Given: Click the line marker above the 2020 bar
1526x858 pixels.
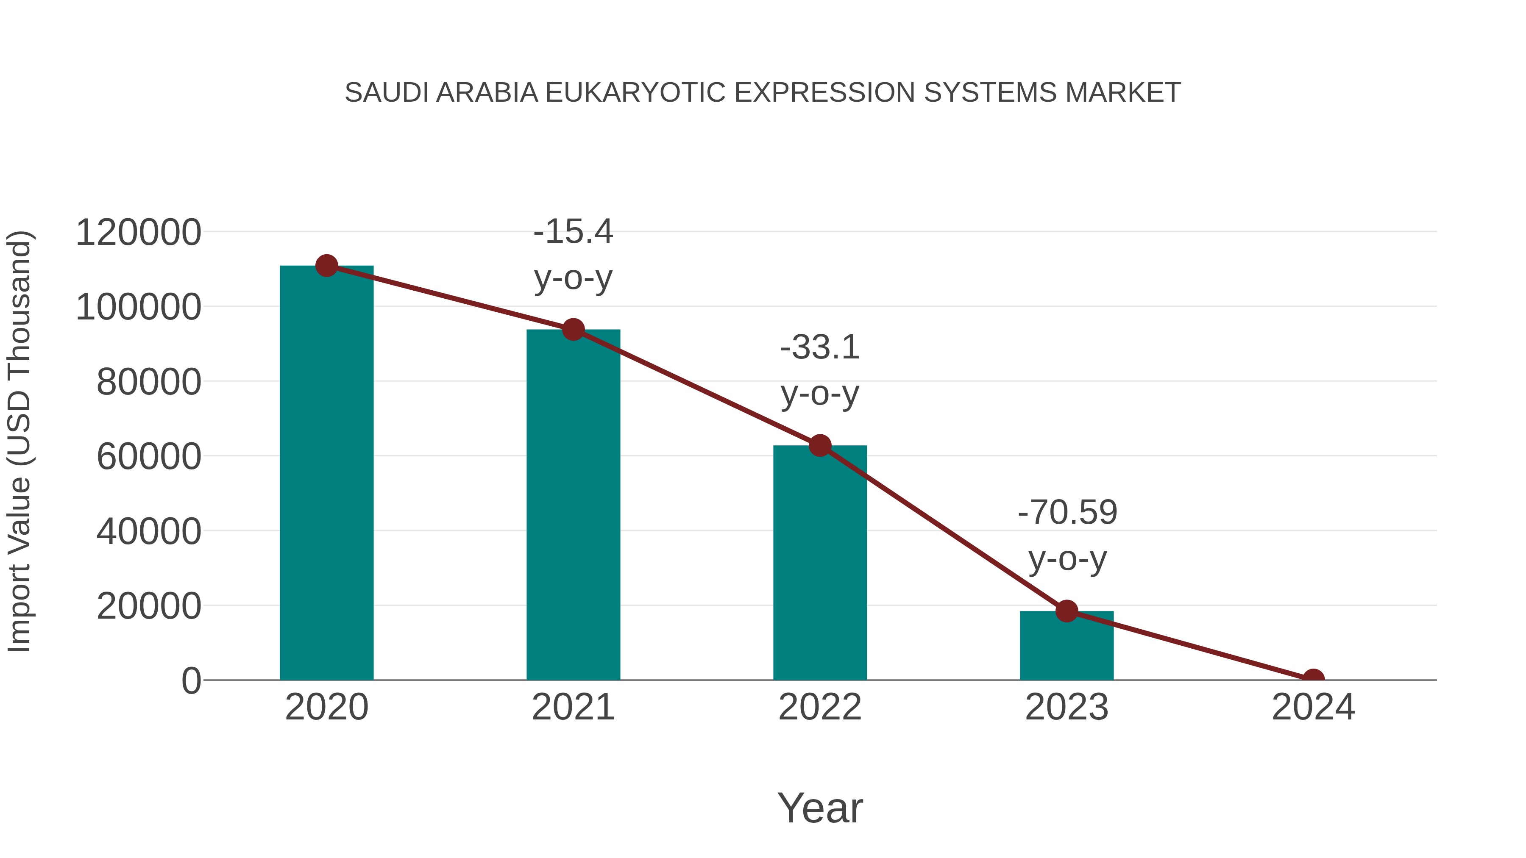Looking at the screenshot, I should pos(326,266).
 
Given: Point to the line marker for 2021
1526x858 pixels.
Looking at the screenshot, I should pos(573,329).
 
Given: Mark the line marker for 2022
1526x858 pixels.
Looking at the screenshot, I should pos(819,445).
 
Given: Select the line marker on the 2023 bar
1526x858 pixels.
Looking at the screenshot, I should pos(1067,611).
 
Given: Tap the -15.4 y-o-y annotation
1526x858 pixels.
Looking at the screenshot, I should pos(573,254).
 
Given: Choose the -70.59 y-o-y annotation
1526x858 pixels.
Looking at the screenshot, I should pos(1067,535).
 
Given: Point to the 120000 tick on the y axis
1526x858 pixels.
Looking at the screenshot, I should pos(138,232).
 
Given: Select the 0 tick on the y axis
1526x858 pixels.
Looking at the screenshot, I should pos(191,680).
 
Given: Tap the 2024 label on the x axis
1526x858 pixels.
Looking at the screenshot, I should pos(1313,707).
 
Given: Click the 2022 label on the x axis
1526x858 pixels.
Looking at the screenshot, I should pos(819,707).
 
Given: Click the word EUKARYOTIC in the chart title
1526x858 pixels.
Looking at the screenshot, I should pos(635,93).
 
